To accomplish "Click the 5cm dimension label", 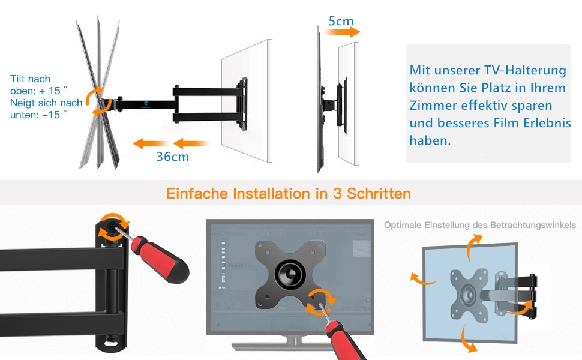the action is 341,21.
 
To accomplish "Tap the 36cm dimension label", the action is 173,157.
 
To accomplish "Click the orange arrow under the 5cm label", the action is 341,32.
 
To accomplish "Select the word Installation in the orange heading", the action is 271,193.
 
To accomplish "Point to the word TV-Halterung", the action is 525,70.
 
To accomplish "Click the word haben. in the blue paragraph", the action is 430,140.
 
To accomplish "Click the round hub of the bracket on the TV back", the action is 290,274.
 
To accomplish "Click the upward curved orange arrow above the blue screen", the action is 473,247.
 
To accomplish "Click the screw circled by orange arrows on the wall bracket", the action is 112,225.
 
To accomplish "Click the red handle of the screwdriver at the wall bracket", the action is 160,259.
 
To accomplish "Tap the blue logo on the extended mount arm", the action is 145,104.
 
